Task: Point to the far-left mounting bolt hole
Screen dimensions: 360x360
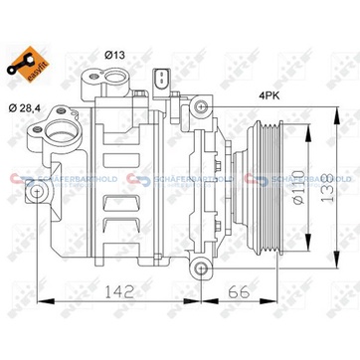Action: [38, 189]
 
